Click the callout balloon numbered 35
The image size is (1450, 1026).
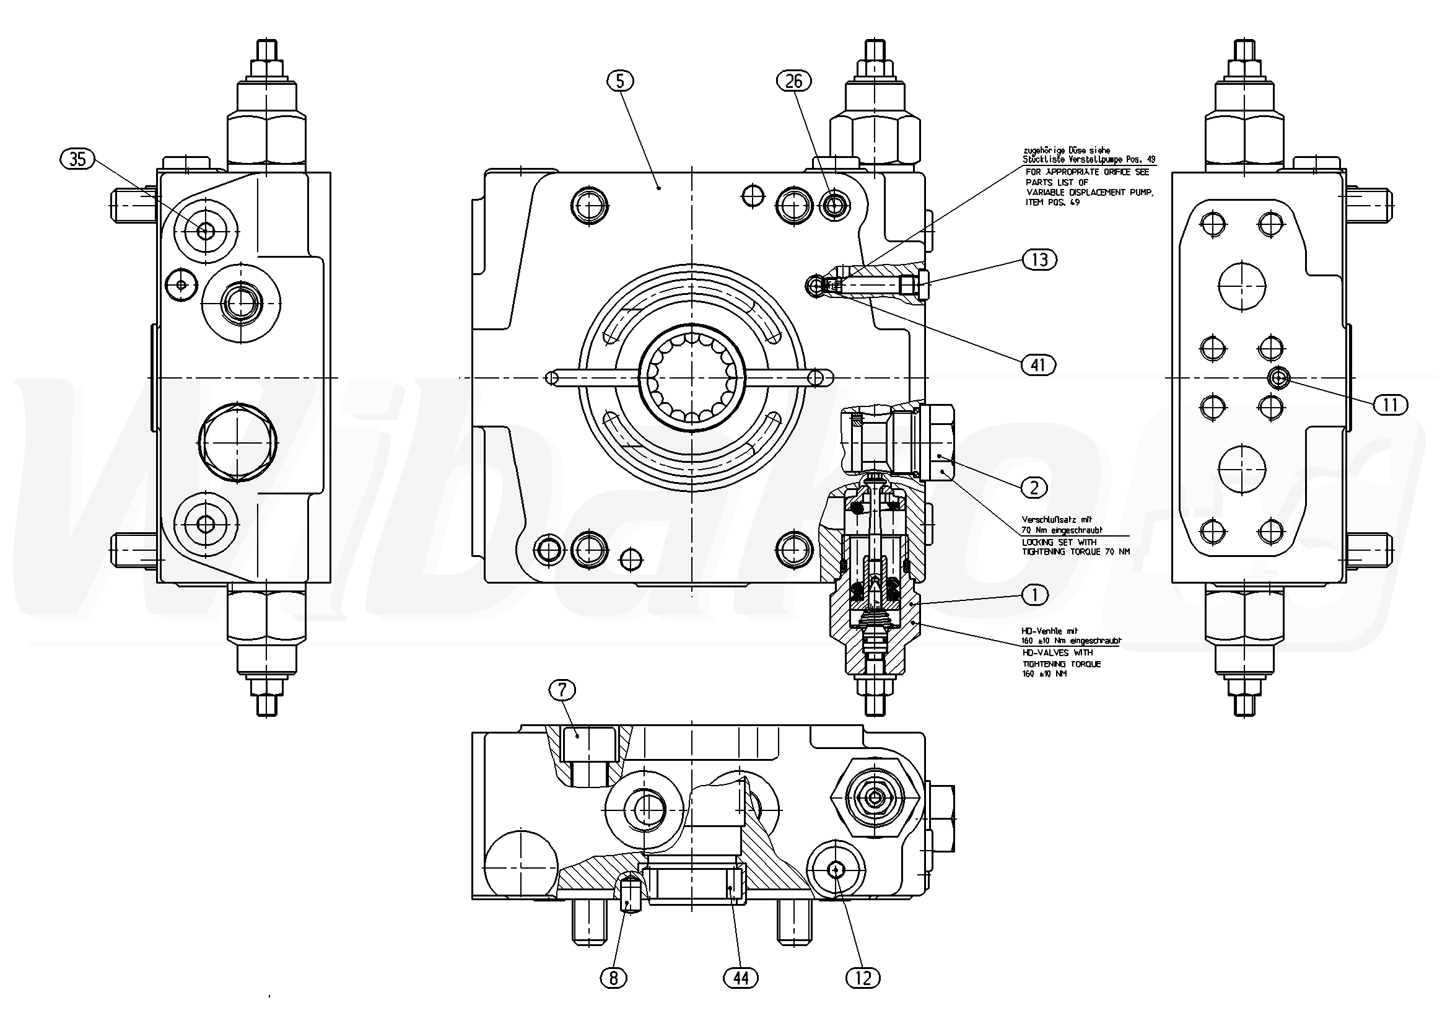pyautogui.click(x=77, y=159)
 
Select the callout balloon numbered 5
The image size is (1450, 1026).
pyautogui.click(x=620, y=81)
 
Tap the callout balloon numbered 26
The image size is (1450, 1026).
pyautogui.click(x=794, y=81)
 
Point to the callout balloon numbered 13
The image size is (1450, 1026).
pyautogui.click(x=1039, y=260)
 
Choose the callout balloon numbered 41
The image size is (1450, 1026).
pyautogui.click(x=1037, y=364)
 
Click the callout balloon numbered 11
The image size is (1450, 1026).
pyautogui.click(x=1390, y=405)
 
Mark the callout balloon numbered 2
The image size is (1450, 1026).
pyautogui.click(x=1034, y=488)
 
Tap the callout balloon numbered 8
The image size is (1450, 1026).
pyautogui.click(x=613, y=979)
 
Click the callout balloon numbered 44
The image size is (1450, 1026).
pyautogui.click(x=741, y=979)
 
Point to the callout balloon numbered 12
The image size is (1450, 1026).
pyautogui.click(x=863, y=979)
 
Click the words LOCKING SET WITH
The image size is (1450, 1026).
pyautogui.click(x=1059, y=542)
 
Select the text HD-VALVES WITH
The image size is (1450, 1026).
pyautogui.click(x=1057, y=652)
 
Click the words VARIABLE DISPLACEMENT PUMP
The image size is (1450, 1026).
pyautogui.click(x=1090, y=192)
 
